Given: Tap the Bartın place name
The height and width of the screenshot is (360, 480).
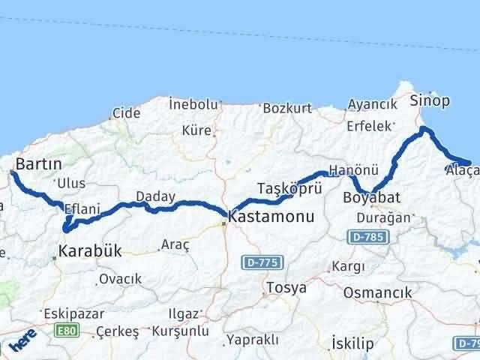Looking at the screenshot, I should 38,163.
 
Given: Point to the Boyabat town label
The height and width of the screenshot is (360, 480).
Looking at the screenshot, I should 372,198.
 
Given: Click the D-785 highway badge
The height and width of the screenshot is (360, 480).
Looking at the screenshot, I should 364,237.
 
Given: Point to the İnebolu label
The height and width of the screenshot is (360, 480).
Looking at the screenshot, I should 193,103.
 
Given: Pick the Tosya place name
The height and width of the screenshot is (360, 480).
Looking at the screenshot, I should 285,287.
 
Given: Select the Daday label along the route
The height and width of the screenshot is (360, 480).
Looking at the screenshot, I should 155,196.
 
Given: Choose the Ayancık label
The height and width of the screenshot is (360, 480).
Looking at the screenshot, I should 372,104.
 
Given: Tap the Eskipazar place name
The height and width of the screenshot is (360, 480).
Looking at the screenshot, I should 67,312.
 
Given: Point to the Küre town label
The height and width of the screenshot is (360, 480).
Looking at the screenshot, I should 196,130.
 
